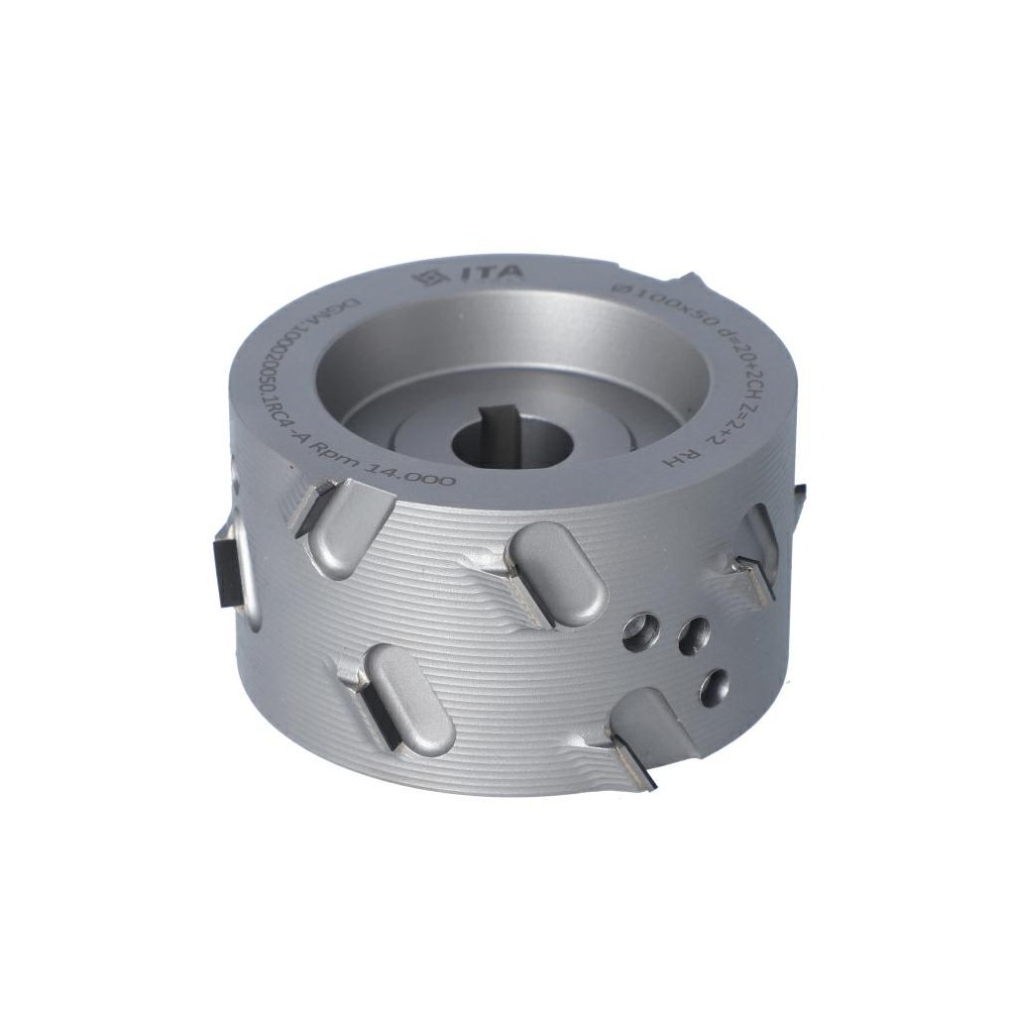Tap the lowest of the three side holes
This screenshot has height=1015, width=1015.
click(713, 687)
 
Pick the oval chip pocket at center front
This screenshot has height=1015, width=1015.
click(557, 574)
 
